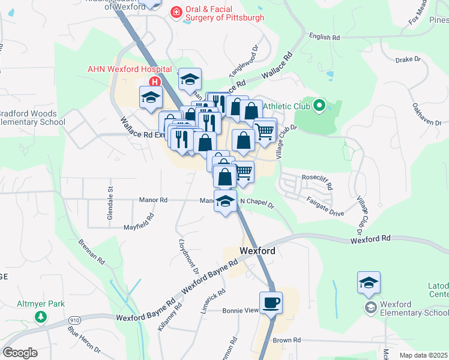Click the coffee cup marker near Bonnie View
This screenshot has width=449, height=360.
(270, 302)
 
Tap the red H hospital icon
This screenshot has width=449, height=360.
(155, 82)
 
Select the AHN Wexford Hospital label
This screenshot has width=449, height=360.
(130, 69)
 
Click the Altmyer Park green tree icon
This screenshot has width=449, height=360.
(41, 317)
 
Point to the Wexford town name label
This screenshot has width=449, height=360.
(257, 251)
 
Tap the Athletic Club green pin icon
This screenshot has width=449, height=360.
(319, 107)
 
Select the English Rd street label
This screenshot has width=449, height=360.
(324, 37)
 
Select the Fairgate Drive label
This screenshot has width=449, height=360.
(325, 208)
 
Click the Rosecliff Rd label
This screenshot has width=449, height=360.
(316, 178)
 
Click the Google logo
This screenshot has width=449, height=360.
(20, 353)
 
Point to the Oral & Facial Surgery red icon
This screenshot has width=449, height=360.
(176, 12)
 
